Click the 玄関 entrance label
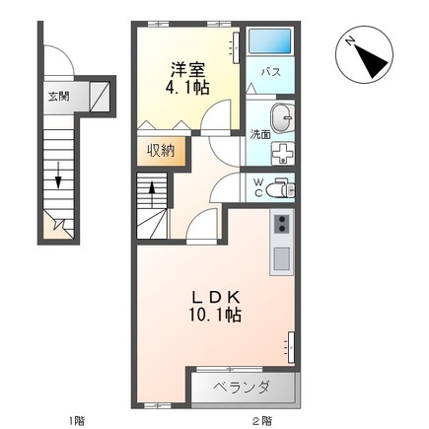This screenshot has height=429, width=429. (x=59, y=97)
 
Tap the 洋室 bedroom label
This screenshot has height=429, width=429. (x=187, y=69)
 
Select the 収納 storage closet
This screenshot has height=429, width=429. (x=161, y=151)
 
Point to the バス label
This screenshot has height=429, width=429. (x=271, y=72)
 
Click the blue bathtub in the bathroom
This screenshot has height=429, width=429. (x=269, y=41)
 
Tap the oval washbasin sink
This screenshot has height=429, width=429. (x=282, y=118)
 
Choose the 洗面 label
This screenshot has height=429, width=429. (x=260, y=135)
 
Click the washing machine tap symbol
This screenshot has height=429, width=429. (x=282, y=153)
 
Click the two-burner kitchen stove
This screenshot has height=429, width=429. (x=282, y=224)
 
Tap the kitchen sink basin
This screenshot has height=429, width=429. (x=282, y=258)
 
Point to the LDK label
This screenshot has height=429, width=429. (x=215, y=298)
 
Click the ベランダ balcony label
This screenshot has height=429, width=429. (x=242, y=388)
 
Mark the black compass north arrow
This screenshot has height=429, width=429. (x=370, y=60)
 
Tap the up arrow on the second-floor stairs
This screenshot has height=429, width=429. (x=152, y=194)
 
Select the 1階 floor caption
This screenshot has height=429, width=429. (x=76, y=420)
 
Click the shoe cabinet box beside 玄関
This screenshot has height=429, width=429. (x=100, y=97)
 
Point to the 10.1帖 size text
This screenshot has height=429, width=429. (x=215, y=316)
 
